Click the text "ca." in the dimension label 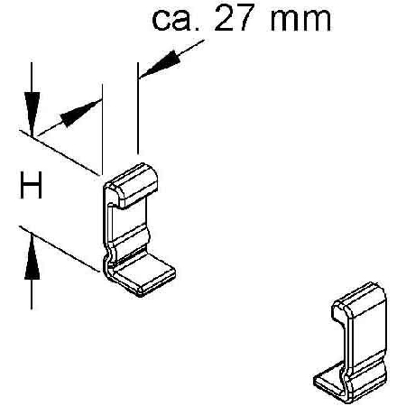point(175,21)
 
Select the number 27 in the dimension point(233,19)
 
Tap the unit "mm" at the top point(300,21)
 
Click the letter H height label point(31,185)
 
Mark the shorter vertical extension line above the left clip point(103,129)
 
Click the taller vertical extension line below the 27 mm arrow point(138,108)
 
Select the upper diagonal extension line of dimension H point(59,152)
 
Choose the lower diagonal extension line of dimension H point(59,249)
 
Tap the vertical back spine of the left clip point(106,228)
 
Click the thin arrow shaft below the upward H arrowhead point(32,294)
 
